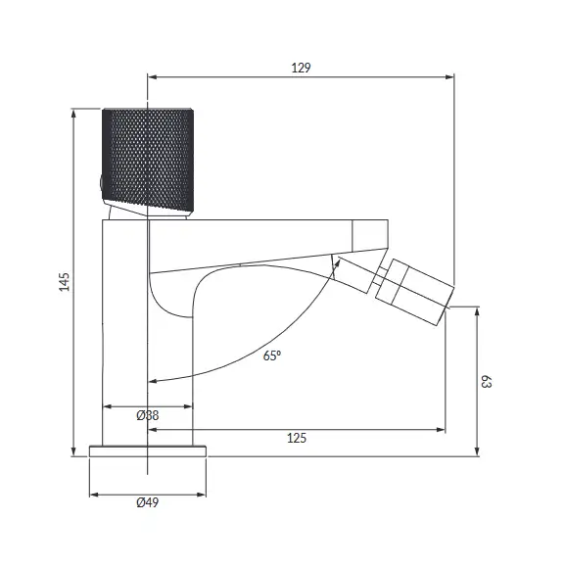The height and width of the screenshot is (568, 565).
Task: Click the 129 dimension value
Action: click(301, 68)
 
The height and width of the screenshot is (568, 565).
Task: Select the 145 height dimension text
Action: click(64, 281)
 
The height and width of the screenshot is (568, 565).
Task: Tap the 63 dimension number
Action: click(486, 382)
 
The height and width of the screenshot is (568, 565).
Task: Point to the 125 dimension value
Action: click(297, 438)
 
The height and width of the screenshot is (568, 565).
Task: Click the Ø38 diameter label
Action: click(148, 415)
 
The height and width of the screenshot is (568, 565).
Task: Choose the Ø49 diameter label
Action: click(148, 502)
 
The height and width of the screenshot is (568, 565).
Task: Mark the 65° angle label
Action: click(272, 355)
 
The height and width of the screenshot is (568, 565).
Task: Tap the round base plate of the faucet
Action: click(148, 451)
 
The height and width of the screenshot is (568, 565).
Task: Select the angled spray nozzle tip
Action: click(415, 292)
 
